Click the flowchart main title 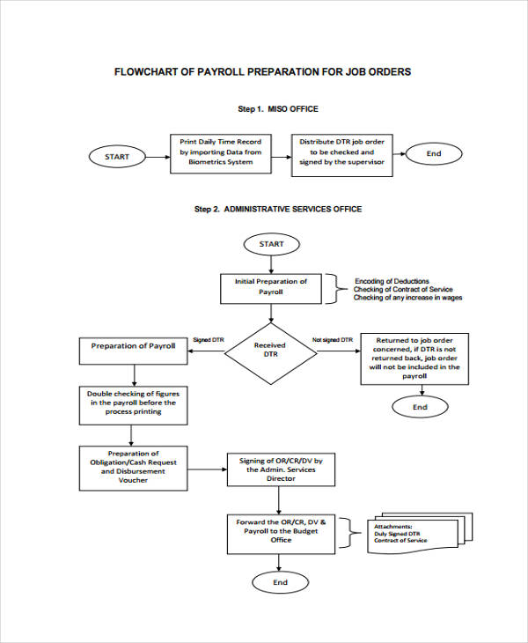click(263, 71)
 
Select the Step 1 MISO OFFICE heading click(277, 109)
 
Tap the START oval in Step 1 click(116, 157)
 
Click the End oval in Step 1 click(433, 153)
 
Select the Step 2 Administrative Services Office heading click(277, 209)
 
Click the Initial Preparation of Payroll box click(270, 286)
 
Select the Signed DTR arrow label click(208, 340)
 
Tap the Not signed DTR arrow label click(333, 340)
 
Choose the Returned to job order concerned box click(414, 358)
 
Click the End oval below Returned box click(420, 407)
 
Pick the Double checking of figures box click(133, 403)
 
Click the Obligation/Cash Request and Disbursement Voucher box click(133, 468)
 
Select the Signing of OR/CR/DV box click(281, 469)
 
